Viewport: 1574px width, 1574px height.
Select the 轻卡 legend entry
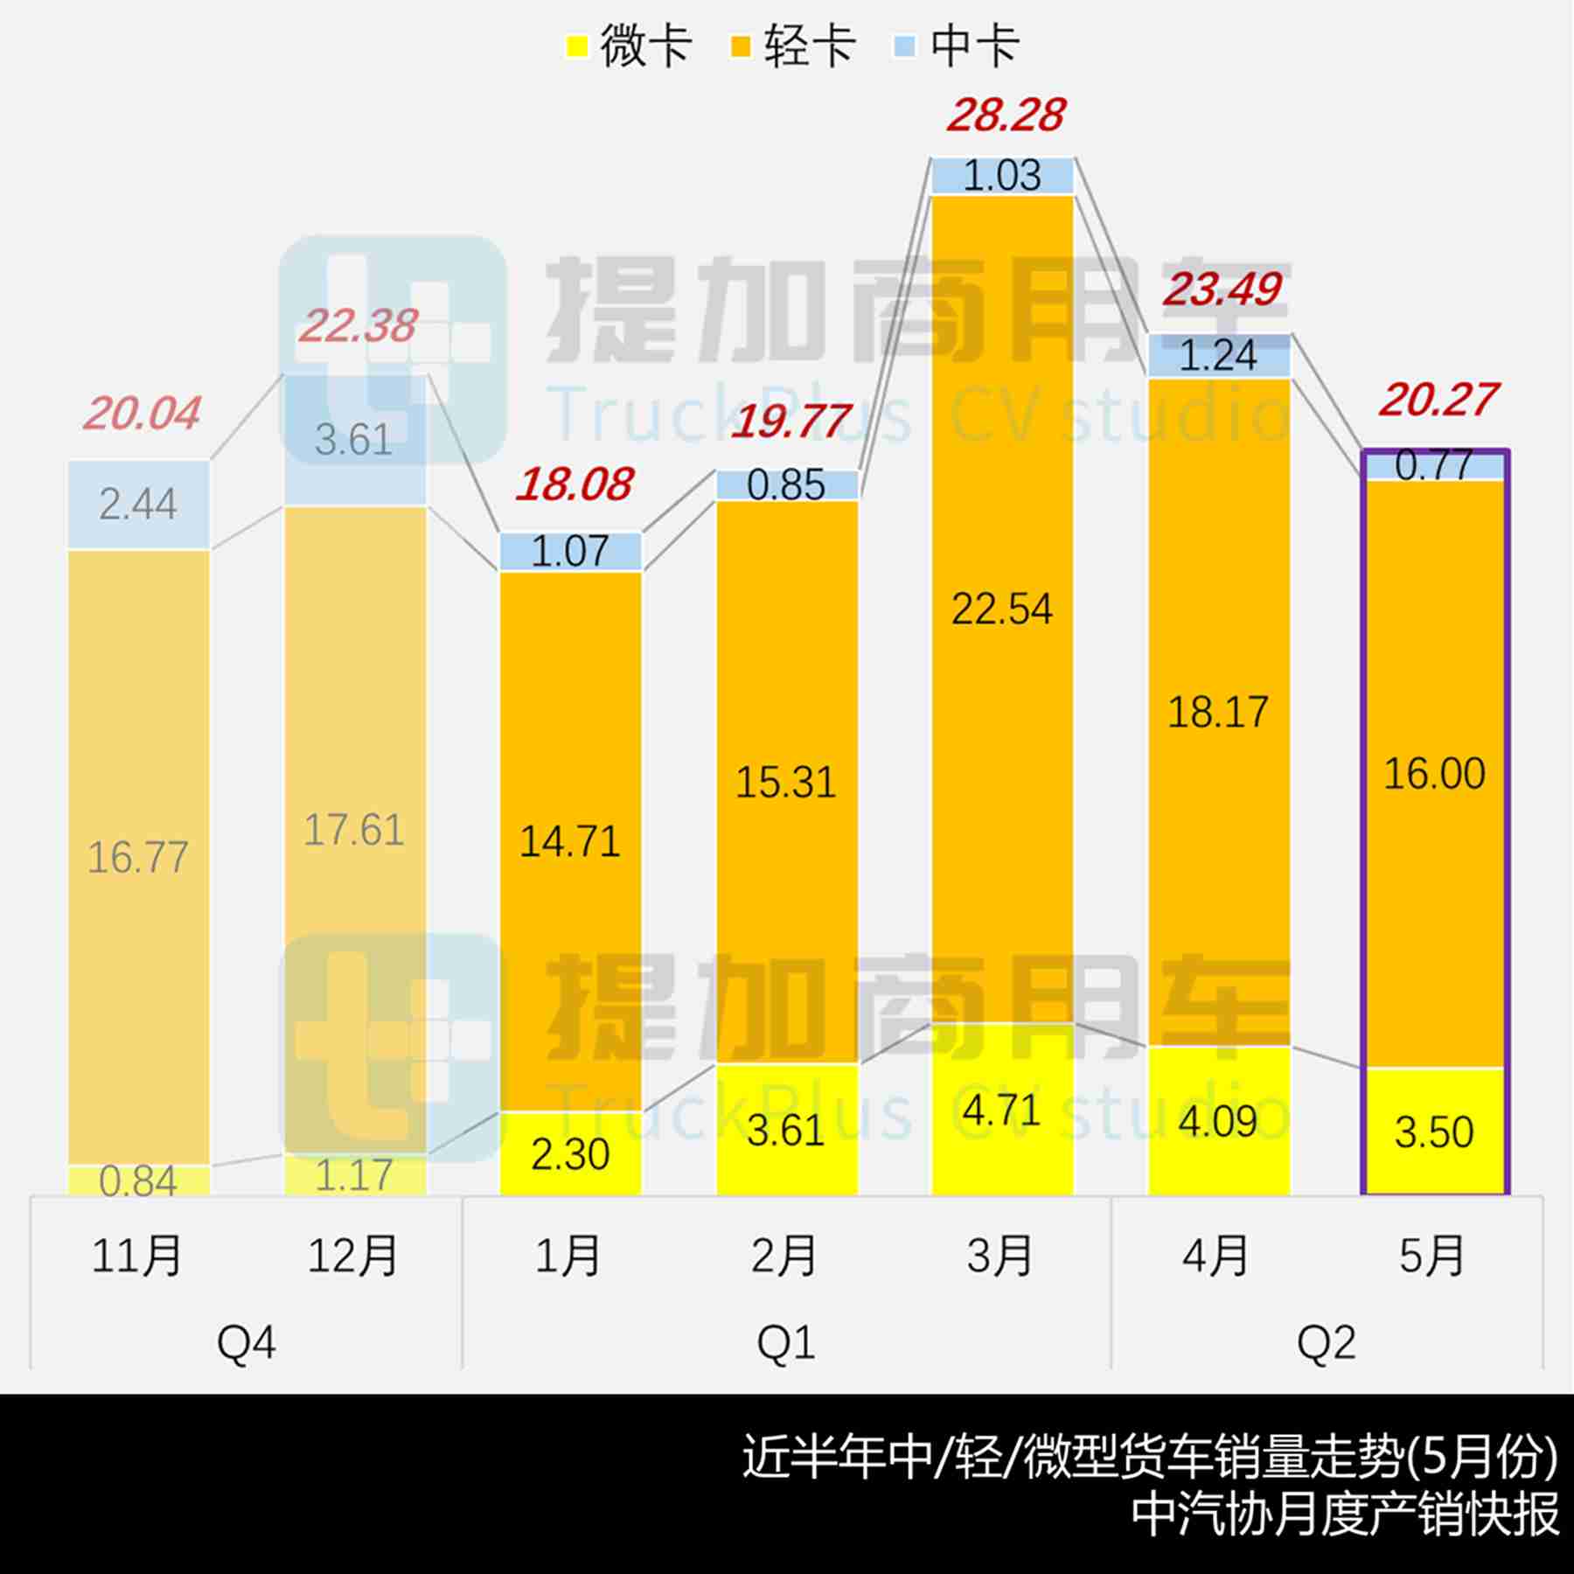pyautogui.click(x=792, y=45)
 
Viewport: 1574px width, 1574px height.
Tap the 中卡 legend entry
pyautogui.click(x=957, y=45)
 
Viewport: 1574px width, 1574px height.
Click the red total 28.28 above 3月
pyautogui.click(x=1006, y=115)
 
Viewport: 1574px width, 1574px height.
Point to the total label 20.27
pyautogui.click(x=1438, y=400)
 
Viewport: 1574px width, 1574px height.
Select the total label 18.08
pyautogui.click(x=574, y=485)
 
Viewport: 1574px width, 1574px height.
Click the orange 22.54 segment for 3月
pyautogui.click(x=1002, y=609)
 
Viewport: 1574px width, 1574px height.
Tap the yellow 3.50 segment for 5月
pyautogui.click(x=1434, y=1132)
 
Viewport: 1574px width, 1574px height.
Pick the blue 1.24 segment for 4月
pyautogui.click(x=1218, y=356)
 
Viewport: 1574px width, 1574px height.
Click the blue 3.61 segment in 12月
pyautogui.click(x=354, y=439)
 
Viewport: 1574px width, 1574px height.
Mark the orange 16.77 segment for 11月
pyautogui.click(x=138, y=857)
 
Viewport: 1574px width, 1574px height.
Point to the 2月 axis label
pyautogui.click(x=784, y=1256)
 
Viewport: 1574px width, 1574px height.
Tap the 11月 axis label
pyautogui.click(x=137, y=1256)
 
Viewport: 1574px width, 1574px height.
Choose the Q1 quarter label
pyautogui.click(x=786, y=1341)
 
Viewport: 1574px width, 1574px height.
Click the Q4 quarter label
pyautogui.click(x=247, y=1341)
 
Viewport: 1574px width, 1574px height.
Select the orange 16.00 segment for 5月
pyautogui.click(x=1434, y=774)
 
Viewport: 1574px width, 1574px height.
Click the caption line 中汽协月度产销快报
pyautogui.click(x=1345, y=1515)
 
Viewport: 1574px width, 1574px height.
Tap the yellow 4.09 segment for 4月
pyautogui.click(x=1218, y=1121)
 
